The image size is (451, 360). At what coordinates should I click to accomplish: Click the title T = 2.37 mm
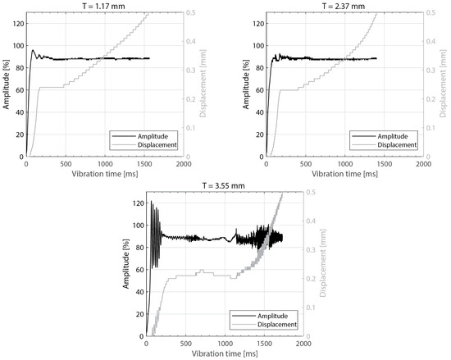point(331,6)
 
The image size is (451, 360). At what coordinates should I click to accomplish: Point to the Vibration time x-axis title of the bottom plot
point(224,354)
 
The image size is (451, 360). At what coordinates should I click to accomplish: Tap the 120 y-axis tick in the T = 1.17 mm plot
point(16,21)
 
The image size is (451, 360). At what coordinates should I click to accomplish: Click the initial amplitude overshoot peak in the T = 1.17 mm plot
point(33,50)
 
